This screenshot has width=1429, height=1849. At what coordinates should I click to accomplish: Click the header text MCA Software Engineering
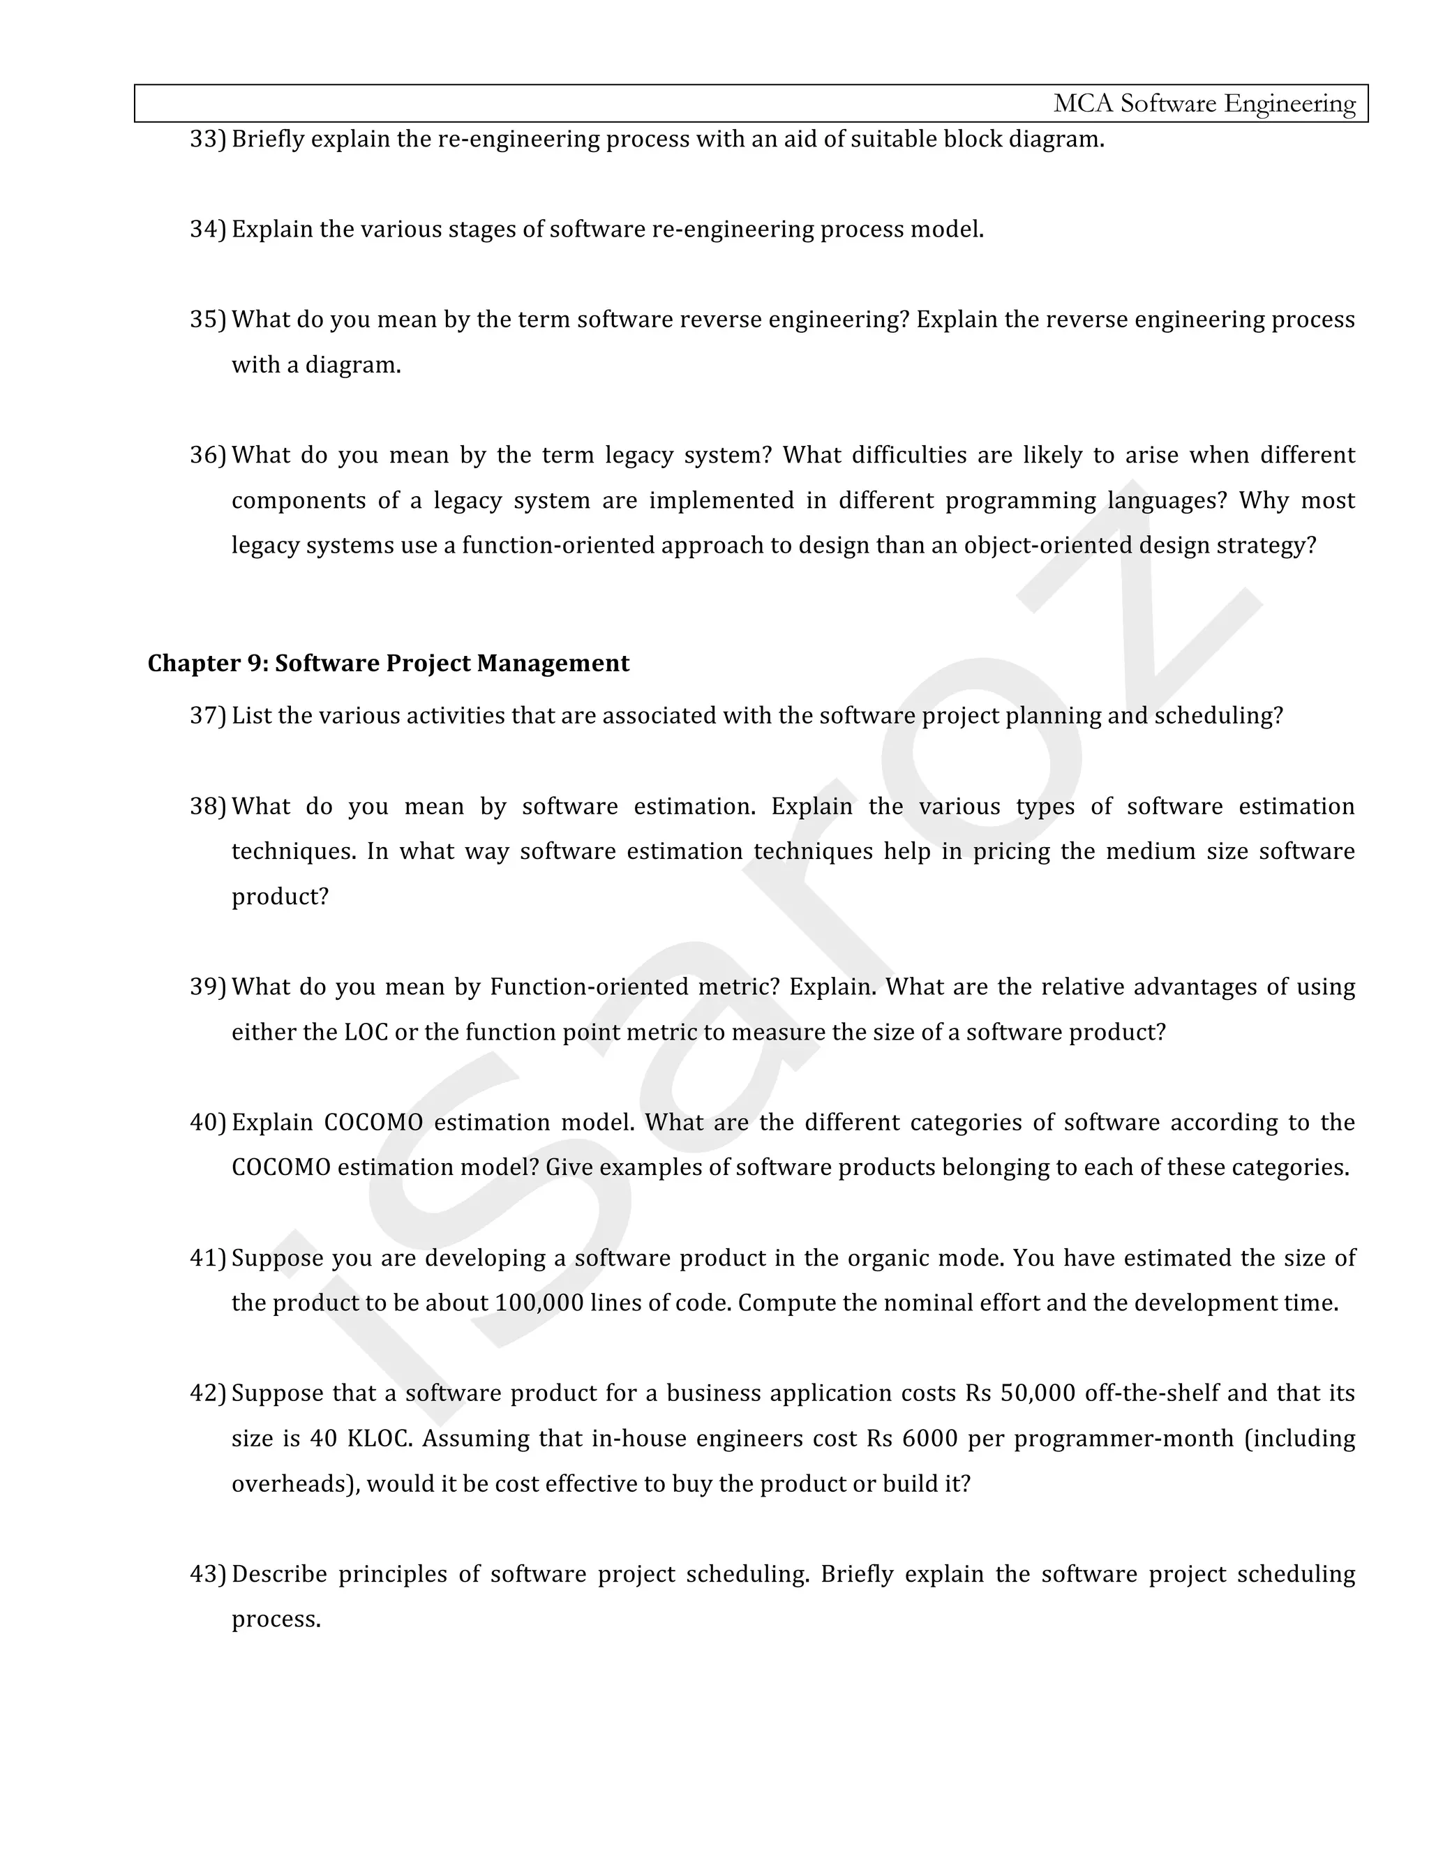point(1204,103)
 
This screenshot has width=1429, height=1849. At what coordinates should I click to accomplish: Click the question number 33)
point(207,139)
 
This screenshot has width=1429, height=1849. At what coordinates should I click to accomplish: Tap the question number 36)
point(207,456)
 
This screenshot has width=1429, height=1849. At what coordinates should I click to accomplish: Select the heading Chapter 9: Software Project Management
point(388,663)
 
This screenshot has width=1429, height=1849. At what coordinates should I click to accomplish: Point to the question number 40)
point(207,1123)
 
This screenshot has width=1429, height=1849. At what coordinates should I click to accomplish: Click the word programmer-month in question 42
point(1123,1439)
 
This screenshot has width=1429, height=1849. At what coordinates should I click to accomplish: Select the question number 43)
point(207,1574)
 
